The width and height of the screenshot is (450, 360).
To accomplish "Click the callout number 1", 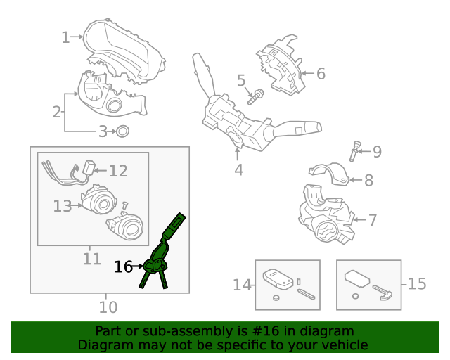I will (65, 37).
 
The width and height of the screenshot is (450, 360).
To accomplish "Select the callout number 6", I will (320, 73).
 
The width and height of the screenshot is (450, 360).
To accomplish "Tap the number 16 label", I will (123, 266).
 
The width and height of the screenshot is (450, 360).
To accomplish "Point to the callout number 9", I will (377, 151).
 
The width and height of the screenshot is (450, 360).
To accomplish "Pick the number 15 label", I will (417, 284).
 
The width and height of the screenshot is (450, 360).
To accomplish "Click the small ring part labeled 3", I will (122, 131).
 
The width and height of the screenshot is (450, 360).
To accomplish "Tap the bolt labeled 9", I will (355, 150).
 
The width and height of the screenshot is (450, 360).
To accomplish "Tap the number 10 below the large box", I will (108, 307).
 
